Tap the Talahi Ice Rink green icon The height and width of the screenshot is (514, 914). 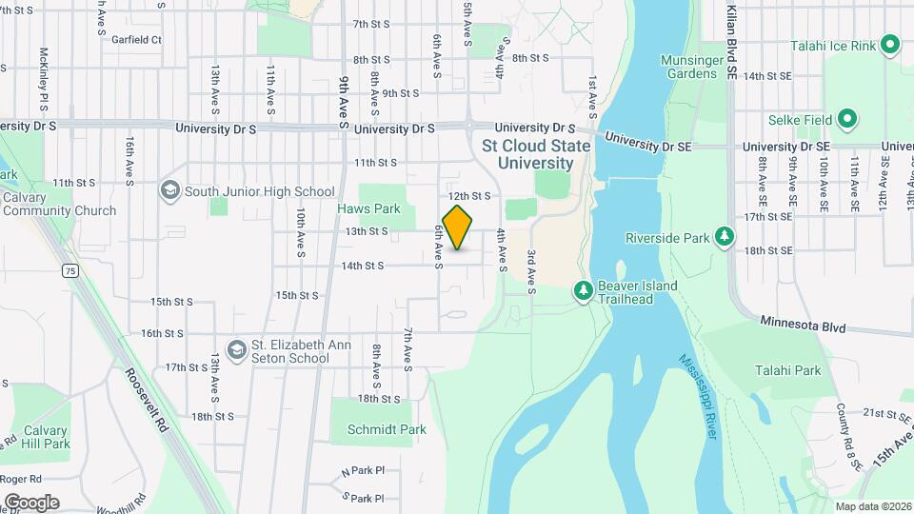[890, 43]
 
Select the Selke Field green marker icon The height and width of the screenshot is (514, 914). [847, 121]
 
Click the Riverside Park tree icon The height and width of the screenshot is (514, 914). [725, 236]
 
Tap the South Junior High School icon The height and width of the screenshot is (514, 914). [170, 190]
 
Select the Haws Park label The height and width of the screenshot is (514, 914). [368, 208]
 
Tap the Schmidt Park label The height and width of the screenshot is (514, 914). [387, 429]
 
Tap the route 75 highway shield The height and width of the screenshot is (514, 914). [70, 271]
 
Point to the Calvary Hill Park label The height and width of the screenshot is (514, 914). [46, 437]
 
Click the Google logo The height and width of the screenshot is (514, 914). [31, 502]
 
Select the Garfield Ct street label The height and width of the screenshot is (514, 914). [136, 40]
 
